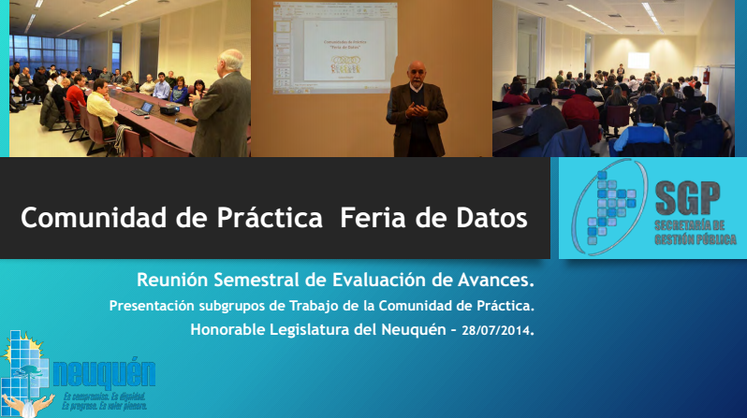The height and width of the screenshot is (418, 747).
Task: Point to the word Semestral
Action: pyautogui.click(x=257, y=280)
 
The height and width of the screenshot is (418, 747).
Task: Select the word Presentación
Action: pyautogui.click(x=154, y=305)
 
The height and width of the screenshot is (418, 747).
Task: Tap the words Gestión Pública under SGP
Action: pyautogui.click(x=689, y=238)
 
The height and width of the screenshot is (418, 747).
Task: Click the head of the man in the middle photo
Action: pyautogui.click(x=415, y=73)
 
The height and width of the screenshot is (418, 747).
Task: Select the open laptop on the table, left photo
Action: pyautogui.click(x=143, y=108)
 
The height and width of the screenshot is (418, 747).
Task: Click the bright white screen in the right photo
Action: pyautogui.click(x=638, y=60)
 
